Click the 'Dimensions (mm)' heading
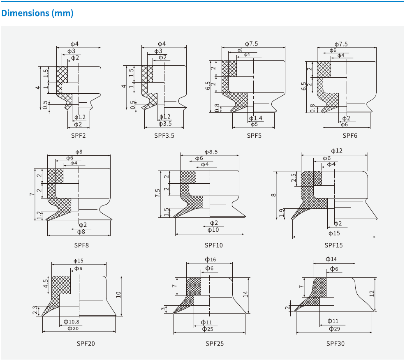click(x=37, y=13)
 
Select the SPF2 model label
click(x=78, y=135)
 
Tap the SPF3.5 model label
click(x=164, y=135)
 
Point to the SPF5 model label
click(x=254, y=135)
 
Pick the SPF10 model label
click(x=213, y=245)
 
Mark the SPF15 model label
click(x=333, y=245)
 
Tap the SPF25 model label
click(x=215, y=343)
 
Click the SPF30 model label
click(x=336, y=343)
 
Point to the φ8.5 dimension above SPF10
click(x=211, y=152)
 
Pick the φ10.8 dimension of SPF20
click(x=71, y=322)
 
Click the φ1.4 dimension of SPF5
click(x=255, y=118)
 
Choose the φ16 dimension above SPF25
click(x=210, y=259)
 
